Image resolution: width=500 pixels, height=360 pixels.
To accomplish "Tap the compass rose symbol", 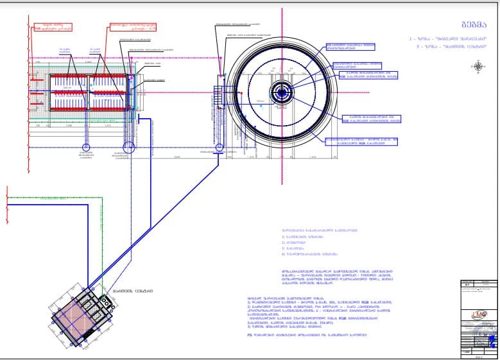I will click(479, 65).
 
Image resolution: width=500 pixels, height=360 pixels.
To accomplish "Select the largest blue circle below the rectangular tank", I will click(128, 147).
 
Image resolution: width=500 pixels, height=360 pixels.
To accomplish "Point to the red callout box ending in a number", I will click(133, 27).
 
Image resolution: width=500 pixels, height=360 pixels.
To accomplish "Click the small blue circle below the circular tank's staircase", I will click(219, 148).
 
